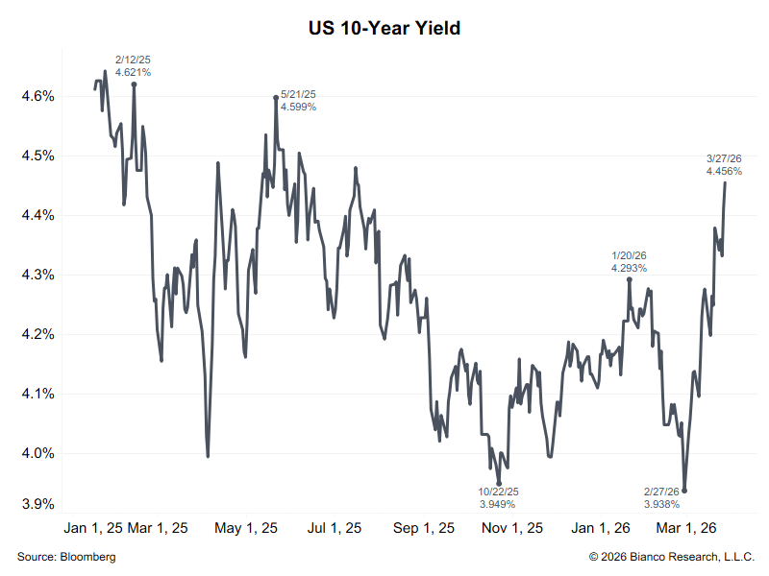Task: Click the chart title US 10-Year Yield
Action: (x=384, y=29)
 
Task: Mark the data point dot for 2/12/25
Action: (x=134, y=84)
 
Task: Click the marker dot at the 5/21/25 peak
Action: (x=276, y=97)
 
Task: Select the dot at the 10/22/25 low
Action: (x=499, y=484)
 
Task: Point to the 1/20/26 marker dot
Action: (x=630, y=279)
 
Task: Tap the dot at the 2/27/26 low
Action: (x=684, y=490)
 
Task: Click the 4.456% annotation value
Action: (x=724, y=171)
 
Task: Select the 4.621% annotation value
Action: (x=133, y=72)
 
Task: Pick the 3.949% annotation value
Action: (x=497, y=503)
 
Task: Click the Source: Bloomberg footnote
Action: (x=66, y=557)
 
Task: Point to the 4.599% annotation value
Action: (x=298, y=107)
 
